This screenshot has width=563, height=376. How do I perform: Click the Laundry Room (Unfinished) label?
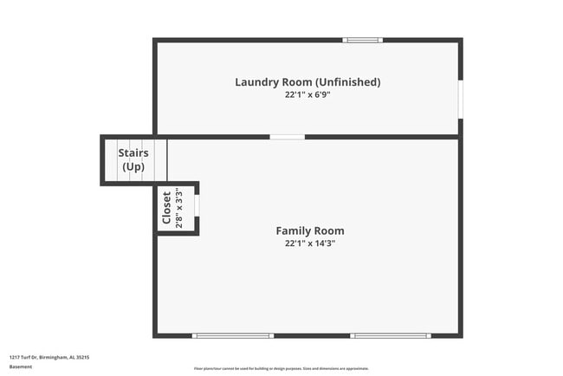[307, 82]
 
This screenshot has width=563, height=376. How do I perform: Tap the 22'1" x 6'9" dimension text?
[307, 94]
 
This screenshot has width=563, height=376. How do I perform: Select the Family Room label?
[309, 230]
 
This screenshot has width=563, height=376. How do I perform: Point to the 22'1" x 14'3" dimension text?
[309, 243]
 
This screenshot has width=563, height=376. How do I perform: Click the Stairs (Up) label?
[133, 159]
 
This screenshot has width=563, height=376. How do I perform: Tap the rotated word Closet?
[166, 208]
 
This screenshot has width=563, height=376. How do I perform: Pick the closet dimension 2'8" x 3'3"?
[178, 208]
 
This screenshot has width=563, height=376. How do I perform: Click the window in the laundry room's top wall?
[362, 40]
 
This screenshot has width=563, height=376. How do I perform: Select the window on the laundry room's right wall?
[460, 99]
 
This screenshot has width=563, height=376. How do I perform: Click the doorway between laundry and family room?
[287, 137]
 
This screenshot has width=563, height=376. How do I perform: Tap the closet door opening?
[197, 205]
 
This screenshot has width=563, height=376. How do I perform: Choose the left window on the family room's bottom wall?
[232, 335]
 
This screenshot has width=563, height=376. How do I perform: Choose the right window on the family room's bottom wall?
[389, 335]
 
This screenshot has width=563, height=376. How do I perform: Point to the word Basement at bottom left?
[21, 366]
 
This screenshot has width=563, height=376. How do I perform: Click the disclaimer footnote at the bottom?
[281, 367]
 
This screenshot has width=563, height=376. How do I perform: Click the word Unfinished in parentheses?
[347, 82]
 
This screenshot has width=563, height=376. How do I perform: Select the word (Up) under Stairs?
[133, 166]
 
